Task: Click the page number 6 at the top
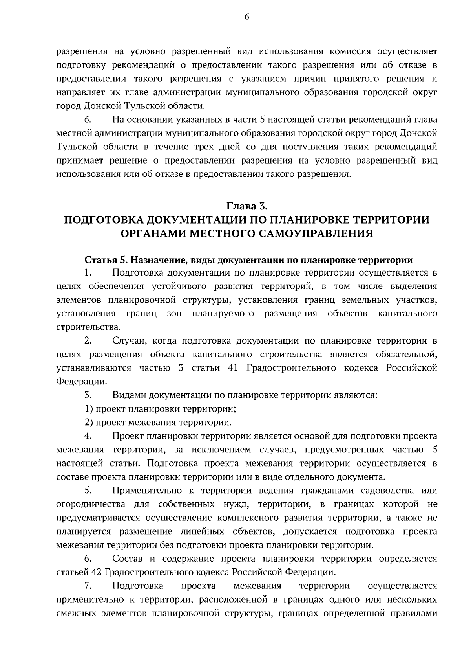click(x=246, y=17)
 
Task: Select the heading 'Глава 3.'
click(x=246, y=206)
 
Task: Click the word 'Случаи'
click(x=127, y=341)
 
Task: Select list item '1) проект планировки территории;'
click(x=160, y=409)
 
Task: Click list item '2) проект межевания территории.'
click(x=158, y=423)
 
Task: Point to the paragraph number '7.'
click(x=88, y=586)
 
